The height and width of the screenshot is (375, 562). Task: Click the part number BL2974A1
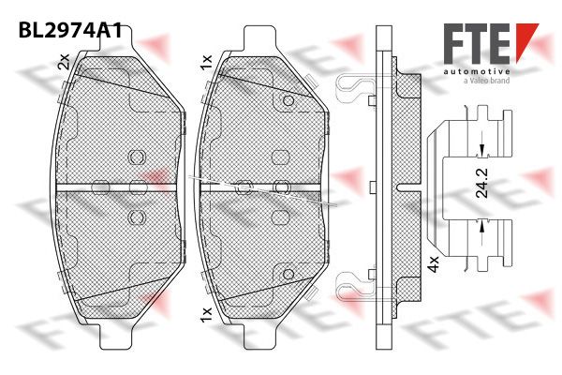[70, 30]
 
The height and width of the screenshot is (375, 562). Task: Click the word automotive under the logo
[477, 72]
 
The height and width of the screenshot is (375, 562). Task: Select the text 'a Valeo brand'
[486, 81]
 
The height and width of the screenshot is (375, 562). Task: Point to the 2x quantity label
[64, 61]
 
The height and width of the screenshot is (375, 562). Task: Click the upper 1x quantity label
[207, 63]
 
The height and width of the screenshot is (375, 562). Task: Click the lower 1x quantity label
[207, 314]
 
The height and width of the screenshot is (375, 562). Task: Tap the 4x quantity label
[434, 264]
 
